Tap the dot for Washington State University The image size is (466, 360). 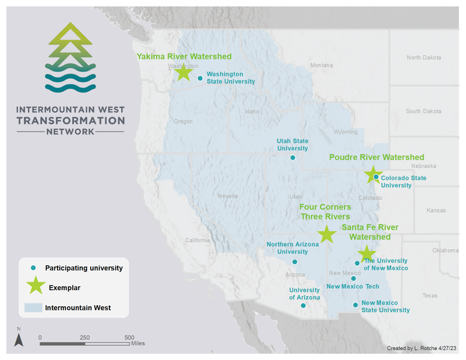coord(200,78)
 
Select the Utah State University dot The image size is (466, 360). coord(293,157)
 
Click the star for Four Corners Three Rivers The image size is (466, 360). coord(326,234)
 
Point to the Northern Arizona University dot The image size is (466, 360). coord(294,262)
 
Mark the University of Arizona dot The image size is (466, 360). coord(303,305)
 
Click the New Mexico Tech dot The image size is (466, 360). coord(353,278)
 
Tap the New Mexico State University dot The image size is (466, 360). coord(355,305)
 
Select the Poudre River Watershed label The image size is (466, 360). coord(377,157)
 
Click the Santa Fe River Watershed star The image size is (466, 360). coord(367,253)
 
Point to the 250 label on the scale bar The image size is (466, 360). coord(85,337)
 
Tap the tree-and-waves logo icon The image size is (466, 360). coord(70,57)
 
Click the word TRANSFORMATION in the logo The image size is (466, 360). coord(71,120)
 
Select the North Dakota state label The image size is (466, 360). coord(424,57)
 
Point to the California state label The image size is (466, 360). coord(197,240)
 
